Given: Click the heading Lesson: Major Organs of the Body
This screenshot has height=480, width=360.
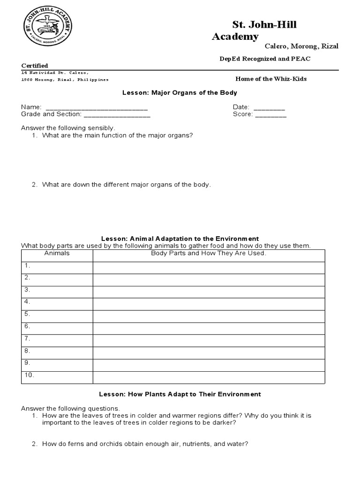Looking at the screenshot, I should (180, 93).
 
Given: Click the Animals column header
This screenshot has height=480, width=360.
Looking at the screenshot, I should (57, 253).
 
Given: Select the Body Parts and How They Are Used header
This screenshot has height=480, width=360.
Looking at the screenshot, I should (209, 253).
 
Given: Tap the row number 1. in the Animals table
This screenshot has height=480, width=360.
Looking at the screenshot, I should (28, 266).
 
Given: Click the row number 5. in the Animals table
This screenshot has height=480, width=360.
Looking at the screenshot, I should (28, 314).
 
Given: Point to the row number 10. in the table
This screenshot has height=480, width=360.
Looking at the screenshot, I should (29, 375).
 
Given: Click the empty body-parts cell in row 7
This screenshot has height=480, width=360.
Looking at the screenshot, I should (209, 339).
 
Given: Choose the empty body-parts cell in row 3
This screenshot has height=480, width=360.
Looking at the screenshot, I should (209, 290).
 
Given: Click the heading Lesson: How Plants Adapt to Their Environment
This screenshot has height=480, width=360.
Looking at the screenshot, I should (180, 394).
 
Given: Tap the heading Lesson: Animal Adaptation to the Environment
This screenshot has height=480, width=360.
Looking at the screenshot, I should (180, 239).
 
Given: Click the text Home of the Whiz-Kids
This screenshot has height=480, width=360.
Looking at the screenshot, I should (271, 79).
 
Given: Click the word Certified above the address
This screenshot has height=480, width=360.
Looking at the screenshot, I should (35, 66).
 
